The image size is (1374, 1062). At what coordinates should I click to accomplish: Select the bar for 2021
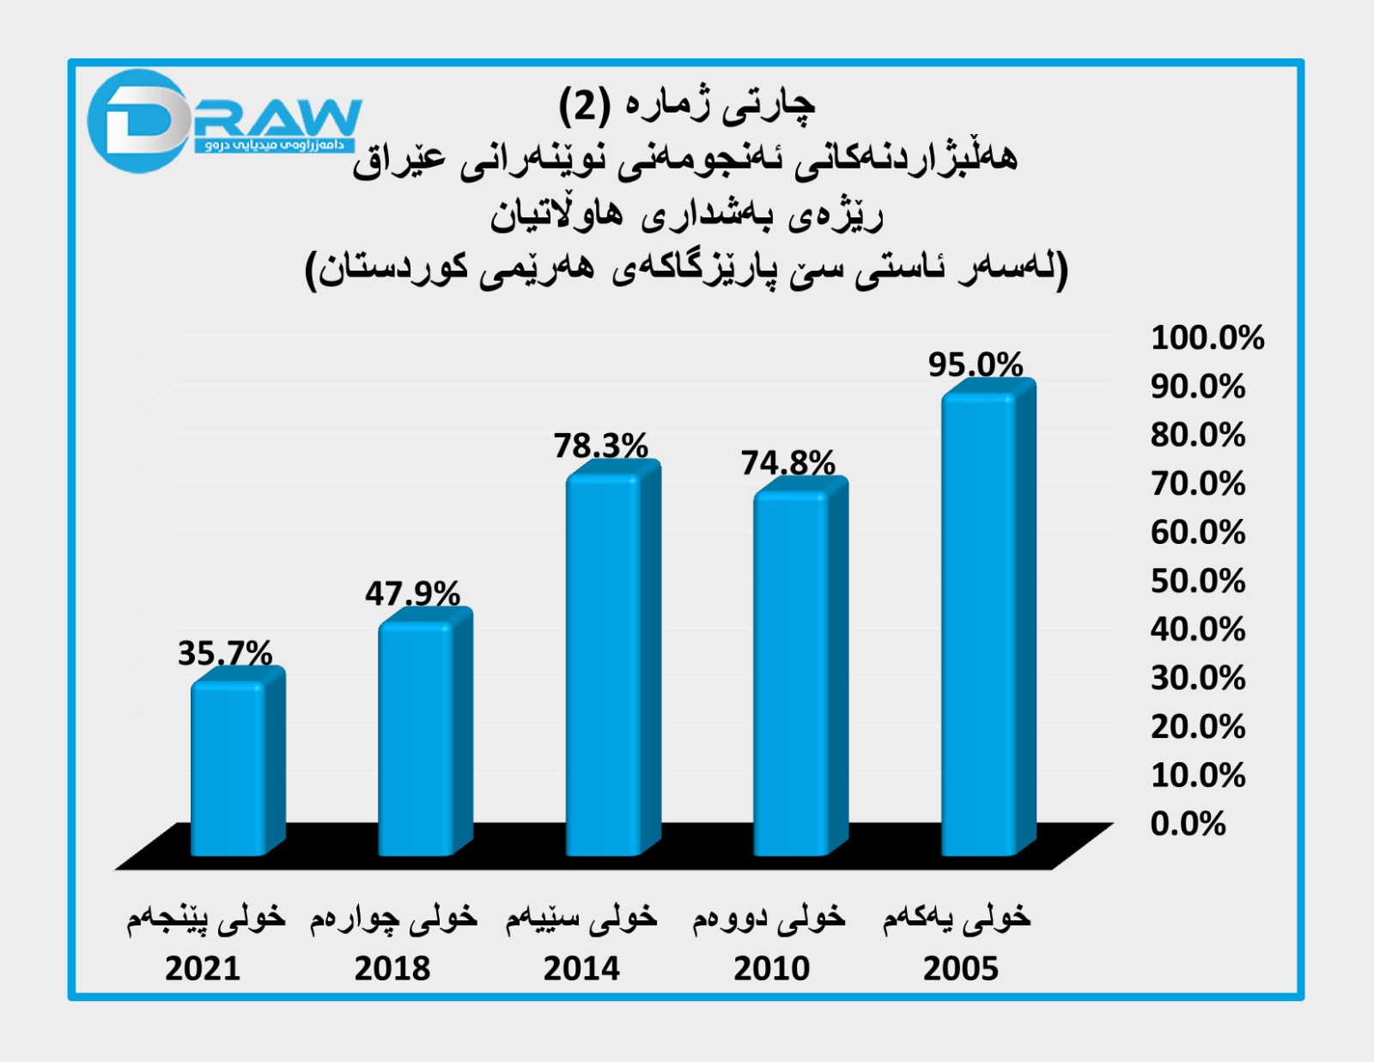pyautogui.click(x=230, y=769)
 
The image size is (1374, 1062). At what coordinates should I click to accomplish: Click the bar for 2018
pyautogui.click(x=418, y=739)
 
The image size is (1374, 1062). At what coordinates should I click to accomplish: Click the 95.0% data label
pyautogui.click(x=976, y=364)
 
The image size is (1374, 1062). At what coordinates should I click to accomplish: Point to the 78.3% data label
pyautogui.click(x=600, y=445)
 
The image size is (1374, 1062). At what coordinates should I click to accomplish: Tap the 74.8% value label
pyautogui.click(x=788, y=463)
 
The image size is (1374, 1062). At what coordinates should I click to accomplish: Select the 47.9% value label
pyautogui.click(x=412, y=593)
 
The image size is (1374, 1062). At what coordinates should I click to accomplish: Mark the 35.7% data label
pyautogui.click(x=225, y=653)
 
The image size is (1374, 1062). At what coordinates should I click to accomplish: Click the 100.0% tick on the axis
pyautogui.click(x=1207, y=338)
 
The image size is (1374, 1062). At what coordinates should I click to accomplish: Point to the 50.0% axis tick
pyautogui.click(x=1198, y=581)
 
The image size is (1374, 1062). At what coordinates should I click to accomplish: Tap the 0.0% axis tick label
pyautogui.click(x=1188, y=823)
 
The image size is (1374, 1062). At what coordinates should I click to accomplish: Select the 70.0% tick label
pyautogui.click(x=1198, y=484)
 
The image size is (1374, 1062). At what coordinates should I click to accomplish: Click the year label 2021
pyautogui.click(x=203, y=968)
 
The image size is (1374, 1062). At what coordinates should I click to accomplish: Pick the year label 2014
pyautogui.click(x=581, y=968)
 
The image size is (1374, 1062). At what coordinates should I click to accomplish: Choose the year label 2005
pyautogui.click(x=961, y=968)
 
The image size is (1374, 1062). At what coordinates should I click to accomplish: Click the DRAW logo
pyautogui.click(x=223, y=120)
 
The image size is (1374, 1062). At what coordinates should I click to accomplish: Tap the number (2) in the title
pyautogui.click(x=585, y=105)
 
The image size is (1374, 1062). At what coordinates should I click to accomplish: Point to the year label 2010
pyautogui.click(x=771, y=968)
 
